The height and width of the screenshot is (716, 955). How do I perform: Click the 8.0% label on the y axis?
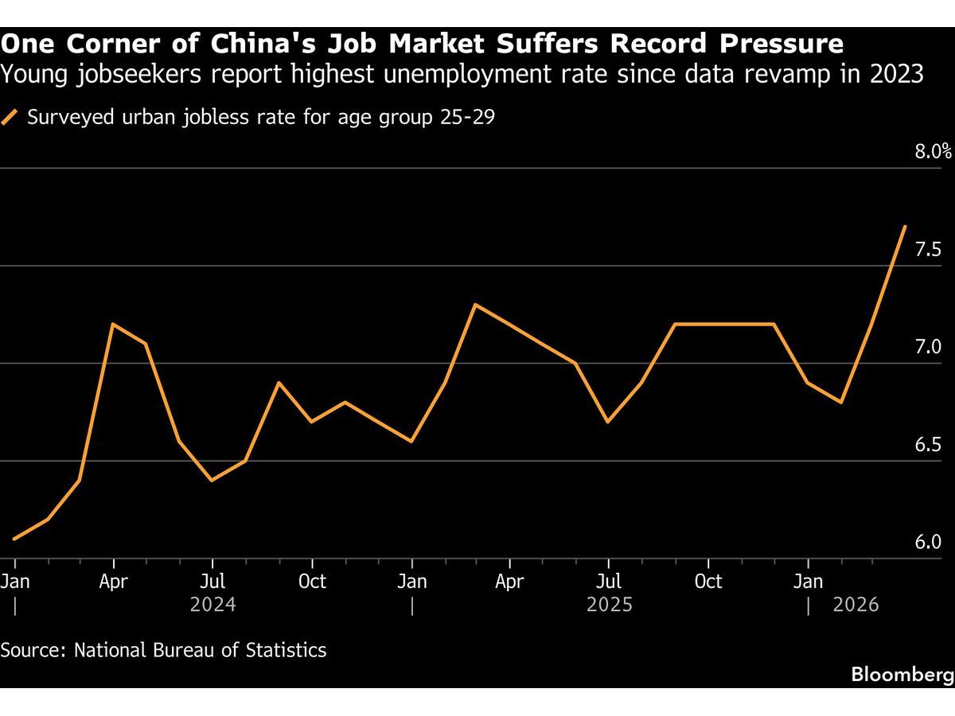(x=934, y=151)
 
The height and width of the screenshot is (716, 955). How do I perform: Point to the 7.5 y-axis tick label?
(x=928, y=250)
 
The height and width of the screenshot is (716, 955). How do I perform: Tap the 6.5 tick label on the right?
(x=928, y=444)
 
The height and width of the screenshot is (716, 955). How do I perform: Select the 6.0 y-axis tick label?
(x=928, y=542)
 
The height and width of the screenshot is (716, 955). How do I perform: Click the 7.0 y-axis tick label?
(x=928, y=347)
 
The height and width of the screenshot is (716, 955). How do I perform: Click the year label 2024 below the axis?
(x=212, y=605)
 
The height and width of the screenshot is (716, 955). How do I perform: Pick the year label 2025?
(x=609, y=605)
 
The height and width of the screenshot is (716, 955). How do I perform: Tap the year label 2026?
(x=856, y=605)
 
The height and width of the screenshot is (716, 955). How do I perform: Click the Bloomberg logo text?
(x=902, y=675)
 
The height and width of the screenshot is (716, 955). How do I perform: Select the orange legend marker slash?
(x=10, y=118)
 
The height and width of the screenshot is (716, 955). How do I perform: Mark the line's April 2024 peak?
(x=113, y=324)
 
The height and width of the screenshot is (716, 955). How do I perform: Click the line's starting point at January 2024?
(x=14, y=539)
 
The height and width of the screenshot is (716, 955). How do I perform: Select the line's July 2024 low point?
(x=212, y=481)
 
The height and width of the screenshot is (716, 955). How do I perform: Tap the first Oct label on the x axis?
(x=312, y=582)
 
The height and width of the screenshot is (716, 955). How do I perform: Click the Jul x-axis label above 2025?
(x=609, y=582)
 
